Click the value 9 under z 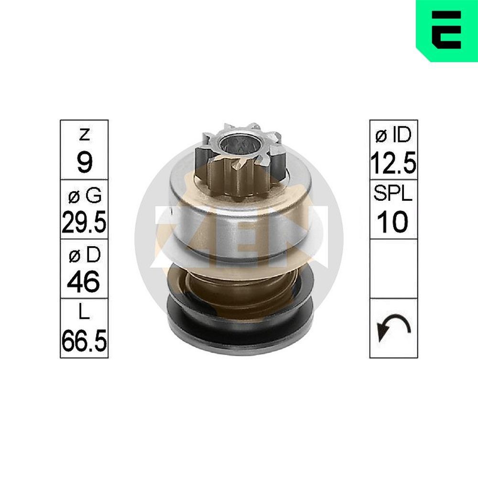pyautogui.click(x=85, y=162)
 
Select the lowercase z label pyautogui.click(x=85, y=134)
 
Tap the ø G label pyautogui.click(x=85, y=195)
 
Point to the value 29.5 pyautogui.click(x=84, y=222)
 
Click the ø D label pyautogui.click(x=85, y=255)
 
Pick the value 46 pyautogui.click(x=84, y=281)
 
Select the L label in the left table pyautogui.click(x=85, y=312)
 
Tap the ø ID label pyautogui.click(x=393, y=135)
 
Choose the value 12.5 pyautogui.click(x=393, y=163)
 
